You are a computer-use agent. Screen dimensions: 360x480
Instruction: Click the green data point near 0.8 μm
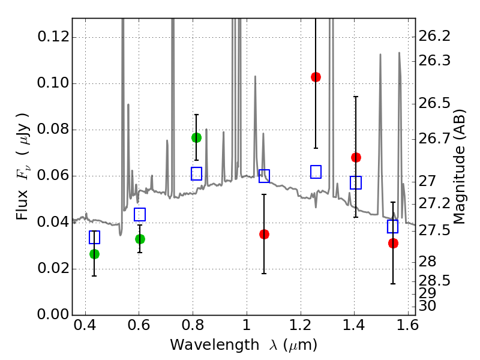pyautogui.click(x=196, y=137)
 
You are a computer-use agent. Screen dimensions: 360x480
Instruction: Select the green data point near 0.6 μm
pyautogui.click(x=140, y=239)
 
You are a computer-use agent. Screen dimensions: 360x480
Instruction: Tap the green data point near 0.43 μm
pyautogui.click(x=94, y=254)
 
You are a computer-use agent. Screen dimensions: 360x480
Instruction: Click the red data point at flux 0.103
pyautogui.click(x=316, y=77)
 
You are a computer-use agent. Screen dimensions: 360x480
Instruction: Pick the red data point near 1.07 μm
pyautogui.click(x=264, y=234)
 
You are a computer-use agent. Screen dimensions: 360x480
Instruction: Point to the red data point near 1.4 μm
pyautogui.click(x=356, y=157)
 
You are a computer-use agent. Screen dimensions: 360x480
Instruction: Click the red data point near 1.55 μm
pyautogui.click(x=393, y=243)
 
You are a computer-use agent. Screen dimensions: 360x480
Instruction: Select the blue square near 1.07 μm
pyautogui.click(x=264, y=176)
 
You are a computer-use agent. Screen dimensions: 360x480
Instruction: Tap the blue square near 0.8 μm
pyautogui.click(x=196, y=174)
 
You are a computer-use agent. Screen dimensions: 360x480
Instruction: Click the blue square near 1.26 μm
pyautogui.click(x=316, y=172)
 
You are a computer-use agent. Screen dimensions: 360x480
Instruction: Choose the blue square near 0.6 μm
pyautogui.click(x=140, y=214)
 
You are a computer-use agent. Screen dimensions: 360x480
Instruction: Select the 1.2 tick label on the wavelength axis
pyautogui.click(x=300, y=328)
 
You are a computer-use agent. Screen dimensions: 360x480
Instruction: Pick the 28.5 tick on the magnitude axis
pyautogui.click(x=435, y=281)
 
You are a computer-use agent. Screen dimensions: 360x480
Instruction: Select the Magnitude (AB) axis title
pyautogui.click(x=460, y=167)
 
